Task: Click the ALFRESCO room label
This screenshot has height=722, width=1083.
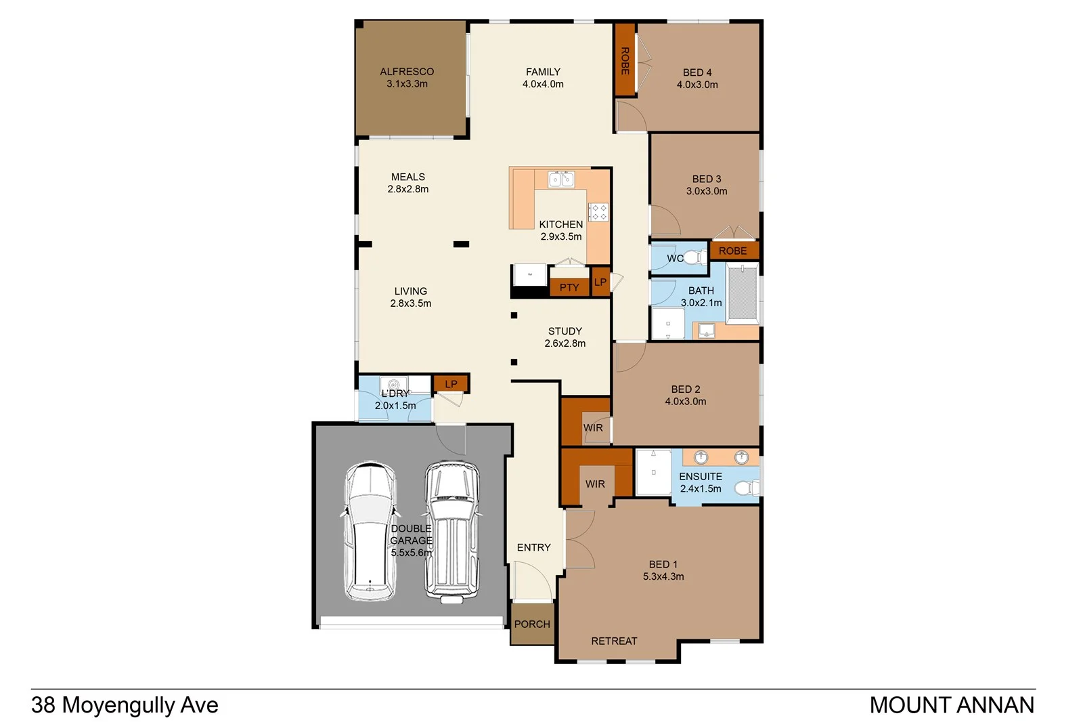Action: click(407, 72)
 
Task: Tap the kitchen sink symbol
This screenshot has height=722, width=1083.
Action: click(561, 179)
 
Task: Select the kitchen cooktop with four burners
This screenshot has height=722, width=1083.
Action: click(598, 212)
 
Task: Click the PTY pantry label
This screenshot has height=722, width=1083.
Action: click(569, 287)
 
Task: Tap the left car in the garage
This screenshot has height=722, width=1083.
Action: click(370, 532)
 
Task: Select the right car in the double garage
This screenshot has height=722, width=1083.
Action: click(452, 532)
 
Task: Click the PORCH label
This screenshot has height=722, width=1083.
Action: click(532, 624)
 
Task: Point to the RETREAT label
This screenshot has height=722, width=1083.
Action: click(614, 641)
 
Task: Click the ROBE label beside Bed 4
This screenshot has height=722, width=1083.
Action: click(625, 61)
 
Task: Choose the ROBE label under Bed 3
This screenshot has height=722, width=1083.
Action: click(733, 251)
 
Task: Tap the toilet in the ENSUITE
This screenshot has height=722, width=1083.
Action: click(747, 488)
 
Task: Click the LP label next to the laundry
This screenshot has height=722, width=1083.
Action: click(451, 384)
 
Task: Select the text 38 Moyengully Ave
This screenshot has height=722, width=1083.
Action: click(125, 705)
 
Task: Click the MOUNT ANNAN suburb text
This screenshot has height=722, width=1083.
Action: click(952, 705)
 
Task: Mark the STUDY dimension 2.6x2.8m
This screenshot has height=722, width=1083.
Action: click(565, 343)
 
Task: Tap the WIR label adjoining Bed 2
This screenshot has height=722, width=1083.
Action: click(593, 428)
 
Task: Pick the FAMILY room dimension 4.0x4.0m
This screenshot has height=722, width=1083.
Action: click(543, 84)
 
